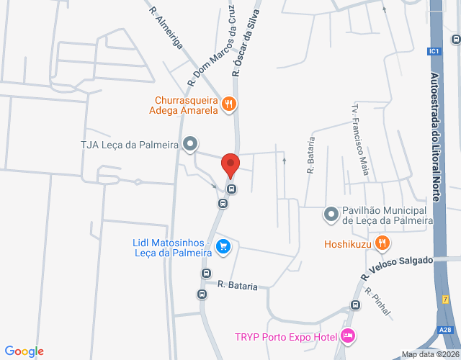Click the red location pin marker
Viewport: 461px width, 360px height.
(x=230, y=165)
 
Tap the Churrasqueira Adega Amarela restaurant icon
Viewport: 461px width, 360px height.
(x=228, y=104)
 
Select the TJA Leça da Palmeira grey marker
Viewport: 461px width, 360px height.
(x=190, y=144)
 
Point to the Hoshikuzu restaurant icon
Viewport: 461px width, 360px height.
(x=382, y=243)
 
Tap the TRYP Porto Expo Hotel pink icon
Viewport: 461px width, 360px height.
(x=348, y=336)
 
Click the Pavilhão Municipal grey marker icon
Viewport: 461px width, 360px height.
(x=331, y=214)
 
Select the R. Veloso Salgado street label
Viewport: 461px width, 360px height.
(x=398, y=268)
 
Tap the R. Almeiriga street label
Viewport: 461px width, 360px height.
(x=166, y=27)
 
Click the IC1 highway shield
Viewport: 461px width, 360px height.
(x=433, y=51)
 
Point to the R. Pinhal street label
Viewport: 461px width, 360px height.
(x=378, y=302)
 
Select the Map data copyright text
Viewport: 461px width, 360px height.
(x=430, y=354)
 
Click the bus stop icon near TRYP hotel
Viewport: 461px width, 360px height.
(x=354, y=305)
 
